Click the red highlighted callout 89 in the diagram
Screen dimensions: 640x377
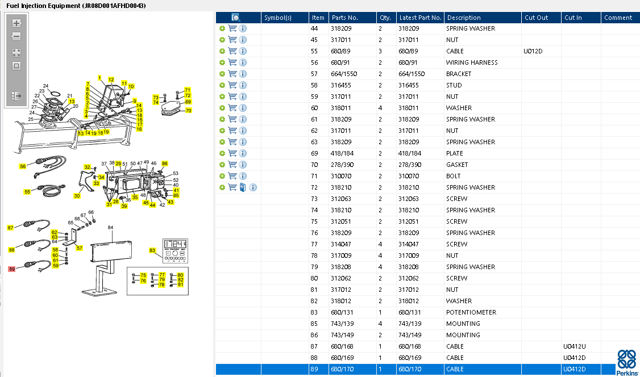(x=12, y=269)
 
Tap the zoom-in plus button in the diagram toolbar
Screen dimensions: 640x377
(x=16, y=23)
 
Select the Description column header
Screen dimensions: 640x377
(x=464, y=18)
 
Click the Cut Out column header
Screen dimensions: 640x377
(x=537, y=18)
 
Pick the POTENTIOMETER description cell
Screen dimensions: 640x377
(x=471, y=312)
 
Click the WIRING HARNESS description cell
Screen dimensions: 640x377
(x=472, y=62)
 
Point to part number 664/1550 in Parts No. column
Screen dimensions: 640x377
(x=344, y=74)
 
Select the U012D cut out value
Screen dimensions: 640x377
(x=533, y=51)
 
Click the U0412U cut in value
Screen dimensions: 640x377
(x=574, y=346)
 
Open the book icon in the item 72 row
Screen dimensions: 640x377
(x=243, y=187)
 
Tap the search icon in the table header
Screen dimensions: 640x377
(x=235, y=18)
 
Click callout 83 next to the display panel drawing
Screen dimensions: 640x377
(x=152, y=250)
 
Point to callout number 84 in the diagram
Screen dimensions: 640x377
(x=110, y=228)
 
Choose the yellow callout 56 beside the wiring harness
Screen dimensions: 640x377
(x=23, y=166)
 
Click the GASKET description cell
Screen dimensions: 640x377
(x=457, y=165)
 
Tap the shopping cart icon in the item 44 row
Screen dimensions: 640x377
(x=232, y=28)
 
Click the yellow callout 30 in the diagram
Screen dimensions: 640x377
(x=77, y=196)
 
